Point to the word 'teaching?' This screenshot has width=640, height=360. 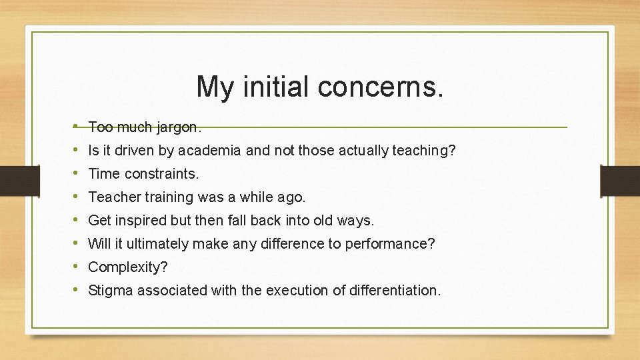[423, 151]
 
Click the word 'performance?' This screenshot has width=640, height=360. [389, 244]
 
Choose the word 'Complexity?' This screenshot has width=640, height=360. [128, 267]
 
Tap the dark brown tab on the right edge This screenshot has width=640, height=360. [620, 180]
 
